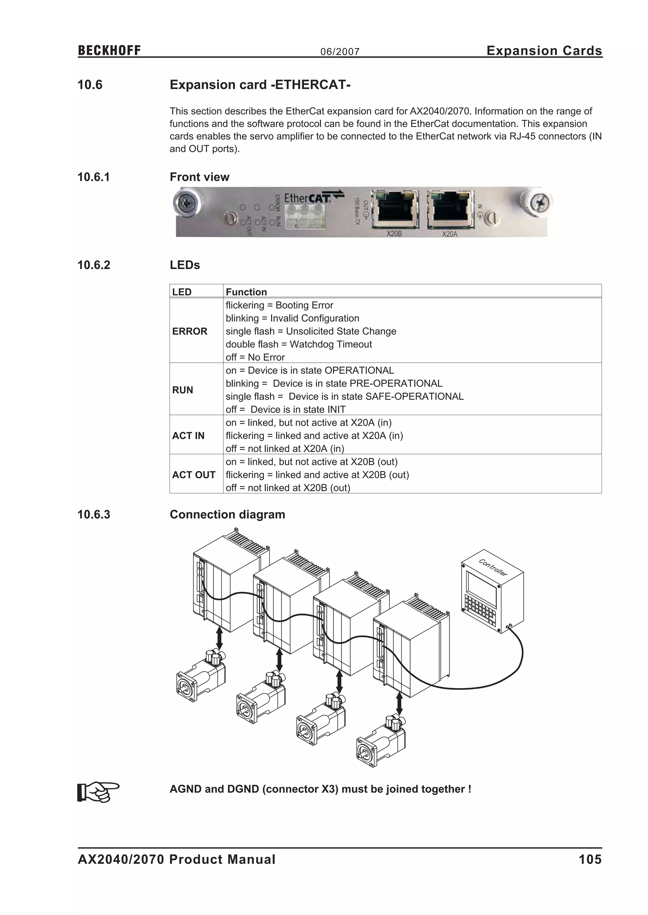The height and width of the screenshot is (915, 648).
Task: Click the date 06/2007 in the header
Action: click(x=340, y=52)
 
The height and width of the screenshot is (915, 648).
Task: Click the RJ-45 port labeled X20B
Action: click(x=395, y=210)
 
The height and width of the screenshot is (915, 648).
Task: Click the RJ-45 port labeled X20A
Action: click(x=450, y=210)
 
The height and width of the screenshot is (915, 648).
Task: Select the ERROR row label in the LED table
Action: click(x=190, y=331)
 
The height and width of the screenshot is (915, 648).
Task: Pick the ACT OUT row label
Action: click(x=194, y=475)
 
